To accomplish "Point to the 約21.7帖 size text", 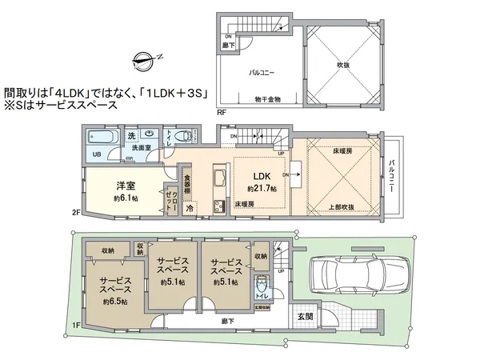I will pos(262,189).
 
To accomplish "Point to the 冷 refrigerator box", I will pos(190,207).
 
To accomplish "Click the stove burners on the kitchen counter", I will pos(218,206).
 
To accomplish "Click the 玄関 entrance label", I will pos(306,316).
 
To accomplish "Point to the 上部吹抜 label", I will pos(342,206).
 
